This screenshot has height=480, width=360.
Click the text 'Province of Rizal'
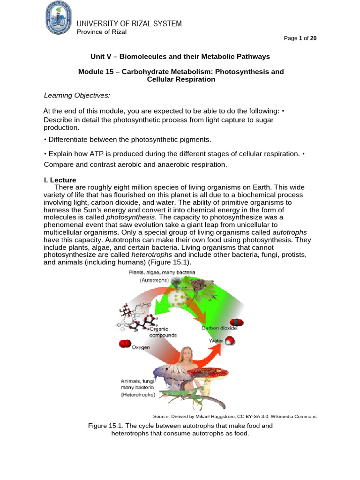point(101,32)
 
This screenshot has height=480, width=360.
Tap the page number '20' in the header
point(313,38)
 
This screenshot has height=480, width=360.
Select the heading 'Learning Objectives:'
point(77,96)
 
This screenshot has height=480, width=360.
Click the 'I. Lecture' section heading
point(60,180)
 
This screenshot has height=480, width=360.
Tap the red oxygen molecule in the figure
point(125,344)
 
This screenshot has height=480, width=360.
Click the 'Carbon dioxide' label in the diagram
point(219,328)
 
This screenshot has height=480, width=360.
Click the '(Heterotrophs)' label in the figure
point(138,395)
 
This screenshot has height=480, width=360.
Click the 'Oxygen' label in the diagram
point(140,347)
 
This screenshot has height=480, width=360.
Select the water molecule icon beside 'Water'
point(229,342)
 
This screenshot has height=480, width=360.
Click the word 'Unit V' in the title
point(100,56)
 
